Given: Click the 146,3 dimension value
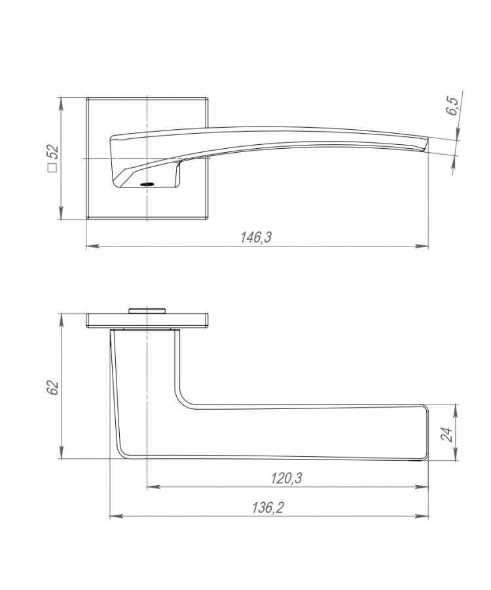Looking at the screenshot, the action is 256,237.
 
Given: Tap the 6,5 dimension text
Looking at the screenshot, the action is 452,106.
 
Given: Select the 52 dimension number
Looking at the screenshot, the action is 52,152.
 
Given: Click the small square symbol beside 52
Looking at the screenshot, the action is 53,168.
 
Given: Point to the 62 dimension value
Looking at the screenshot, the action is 53,387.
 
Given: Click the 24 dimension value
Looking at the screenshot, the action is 447,434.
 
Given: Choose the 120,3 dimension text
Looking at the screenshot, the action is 287,479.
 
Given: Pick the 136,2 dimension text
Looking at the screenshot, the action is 268,507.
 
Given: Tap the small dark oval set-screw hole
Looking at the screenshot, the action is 147,184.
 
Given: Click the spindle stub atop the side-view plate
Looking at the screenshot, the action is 147,311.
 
